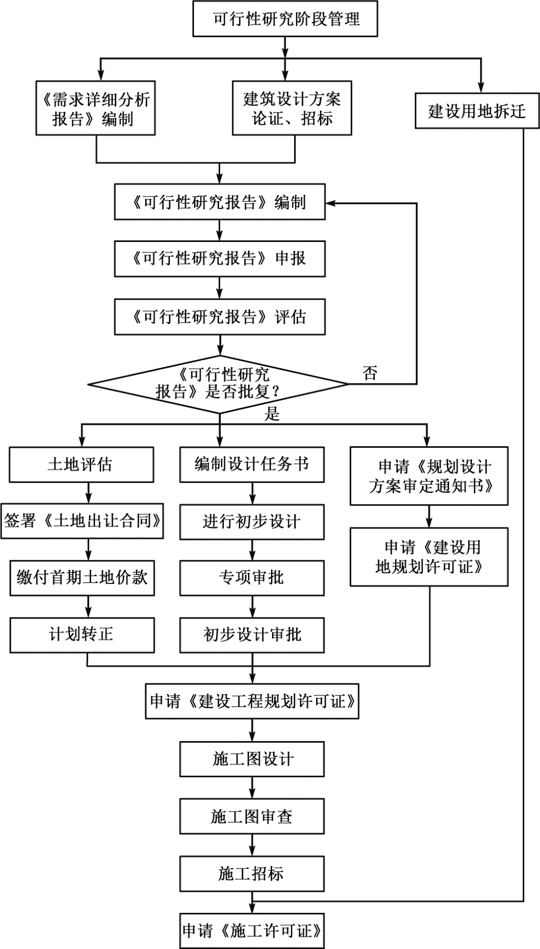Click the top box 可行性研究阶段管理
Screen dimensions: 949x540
pyautogui.click(x=285, y=19)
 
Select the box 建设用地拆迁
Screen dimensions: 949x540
pyautogui.click(x=477, y=111)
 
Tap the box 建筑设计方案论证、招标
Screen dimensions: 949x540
pyautogui.click(x=292, y=108)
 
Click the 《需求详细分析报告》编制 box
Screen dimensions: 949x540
pyautogui.click(x=96, y=108)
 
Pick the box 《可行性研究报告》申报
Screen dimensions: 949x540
pyautogui.click(x=220, y=259)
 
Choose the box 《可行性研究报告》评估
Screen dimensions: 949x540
pyautogui.click(x=220, y=317)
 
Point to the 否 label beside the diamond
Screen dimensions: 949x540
pyautogui.click(x=370, y=373)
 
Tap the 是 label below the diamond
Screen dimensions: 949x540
pyautogui.click(x=272, y=414)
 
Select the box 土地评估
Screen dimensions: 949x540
pyautogui.click(x=81, y=465)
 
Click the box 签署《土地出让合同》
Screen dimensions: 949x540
pyautogui.click(x=82, y=521)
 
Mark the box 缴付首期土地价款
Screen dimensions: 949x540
pyautogui.click(x=82, y=578)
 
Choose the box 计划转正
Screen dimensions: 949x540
pyautogui.click(x=82, y=635)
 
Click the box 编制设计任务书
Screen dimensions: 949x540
pyautogui.click(x=252, y=465)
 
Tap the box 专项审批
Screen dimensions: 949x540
pyautogui.click(x=252, y=578)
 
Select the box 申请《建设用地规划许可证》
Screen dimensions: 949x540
pyautogui.click(x=429, y=557)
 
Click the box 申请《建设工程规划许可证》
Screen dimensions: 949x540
pyautogui.click(x=252, y=701)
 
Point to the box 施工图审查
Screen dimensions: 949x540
pyautogui.click(x=252, y=816)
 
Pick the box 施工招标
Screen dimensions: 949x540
pyautogui.click(x=252, y=874)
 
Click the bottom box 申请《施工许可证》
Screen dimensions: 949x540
pyautogui.click(x=252, y=931)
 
